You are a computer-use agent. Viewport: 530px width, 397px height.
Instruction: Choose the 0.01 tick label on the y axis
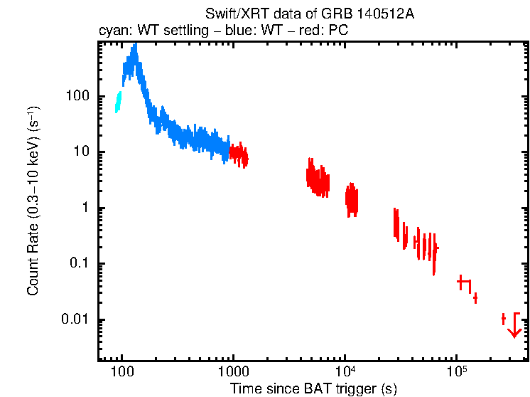click(75, 319)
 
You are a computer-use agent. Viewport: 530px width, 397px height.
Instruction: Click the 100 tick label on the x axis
click(122, 372)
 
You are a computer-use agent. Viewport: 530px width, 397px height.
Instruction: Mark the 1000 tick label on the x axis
click(233, 372)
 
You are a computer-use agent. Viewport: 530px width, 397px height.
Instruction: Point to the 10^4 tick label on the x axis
click(345, 371)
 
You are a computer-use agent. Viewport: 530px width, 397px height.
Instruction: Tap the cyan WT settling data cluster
click(119, 102)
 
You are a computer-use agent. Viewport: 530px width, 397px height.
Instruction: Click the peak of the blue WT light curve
click(134, 48)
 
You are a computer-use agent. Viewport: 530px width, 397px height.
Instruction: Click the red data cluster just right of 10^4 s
click(351, 198)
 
